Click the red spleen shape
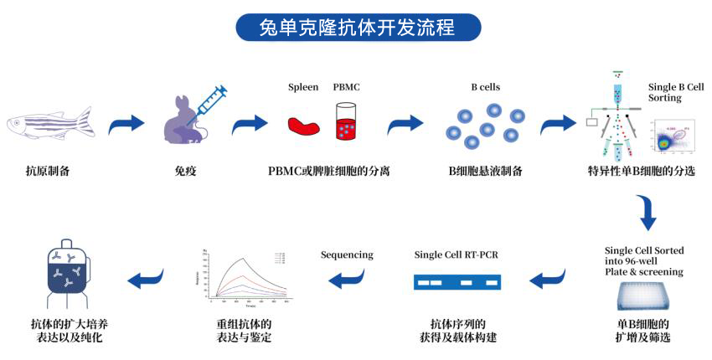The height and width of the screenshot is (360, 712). pyautogui.click(x=303, y=126)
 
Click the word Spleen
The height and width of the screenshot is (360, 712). pyautogui.click(x=303, y=87)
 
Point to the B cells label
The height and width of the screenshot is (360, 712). pyautogui.click(x=486, y=87)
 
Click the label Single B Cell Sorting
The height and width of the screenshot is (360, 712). pyautogui.click(x=676, y=92)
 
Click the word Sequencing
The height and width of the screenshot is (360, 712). pyautogui.click(x=346, y=255)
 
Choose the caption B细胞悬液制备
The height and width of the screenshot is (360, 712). pyautogui.click(x=486, y=172)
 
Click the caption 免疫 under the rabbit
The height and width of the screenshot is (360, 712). pyautogui.click(x=185, y=172)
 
